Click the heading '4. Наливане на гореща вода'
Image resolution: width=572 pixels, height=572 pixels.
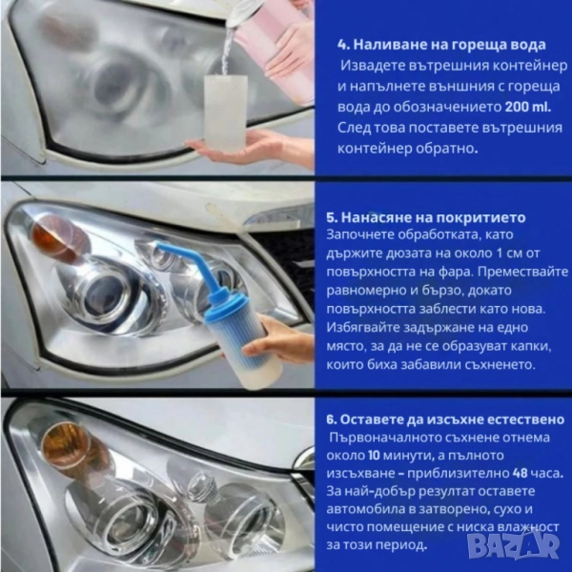click(x=441, y=45)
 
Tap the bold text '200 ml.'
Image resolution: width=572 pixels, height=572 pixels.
click(x=528, y=107)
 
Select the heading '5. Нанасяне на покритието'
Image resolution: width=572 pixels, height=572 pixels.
click(x=426, y=217)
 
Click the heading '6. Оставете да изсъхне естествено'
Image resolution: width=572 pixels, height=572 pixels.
click(x=445, y=419)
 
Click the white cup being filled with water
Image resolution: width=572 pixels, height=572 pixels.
click(x=225, y=112)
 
